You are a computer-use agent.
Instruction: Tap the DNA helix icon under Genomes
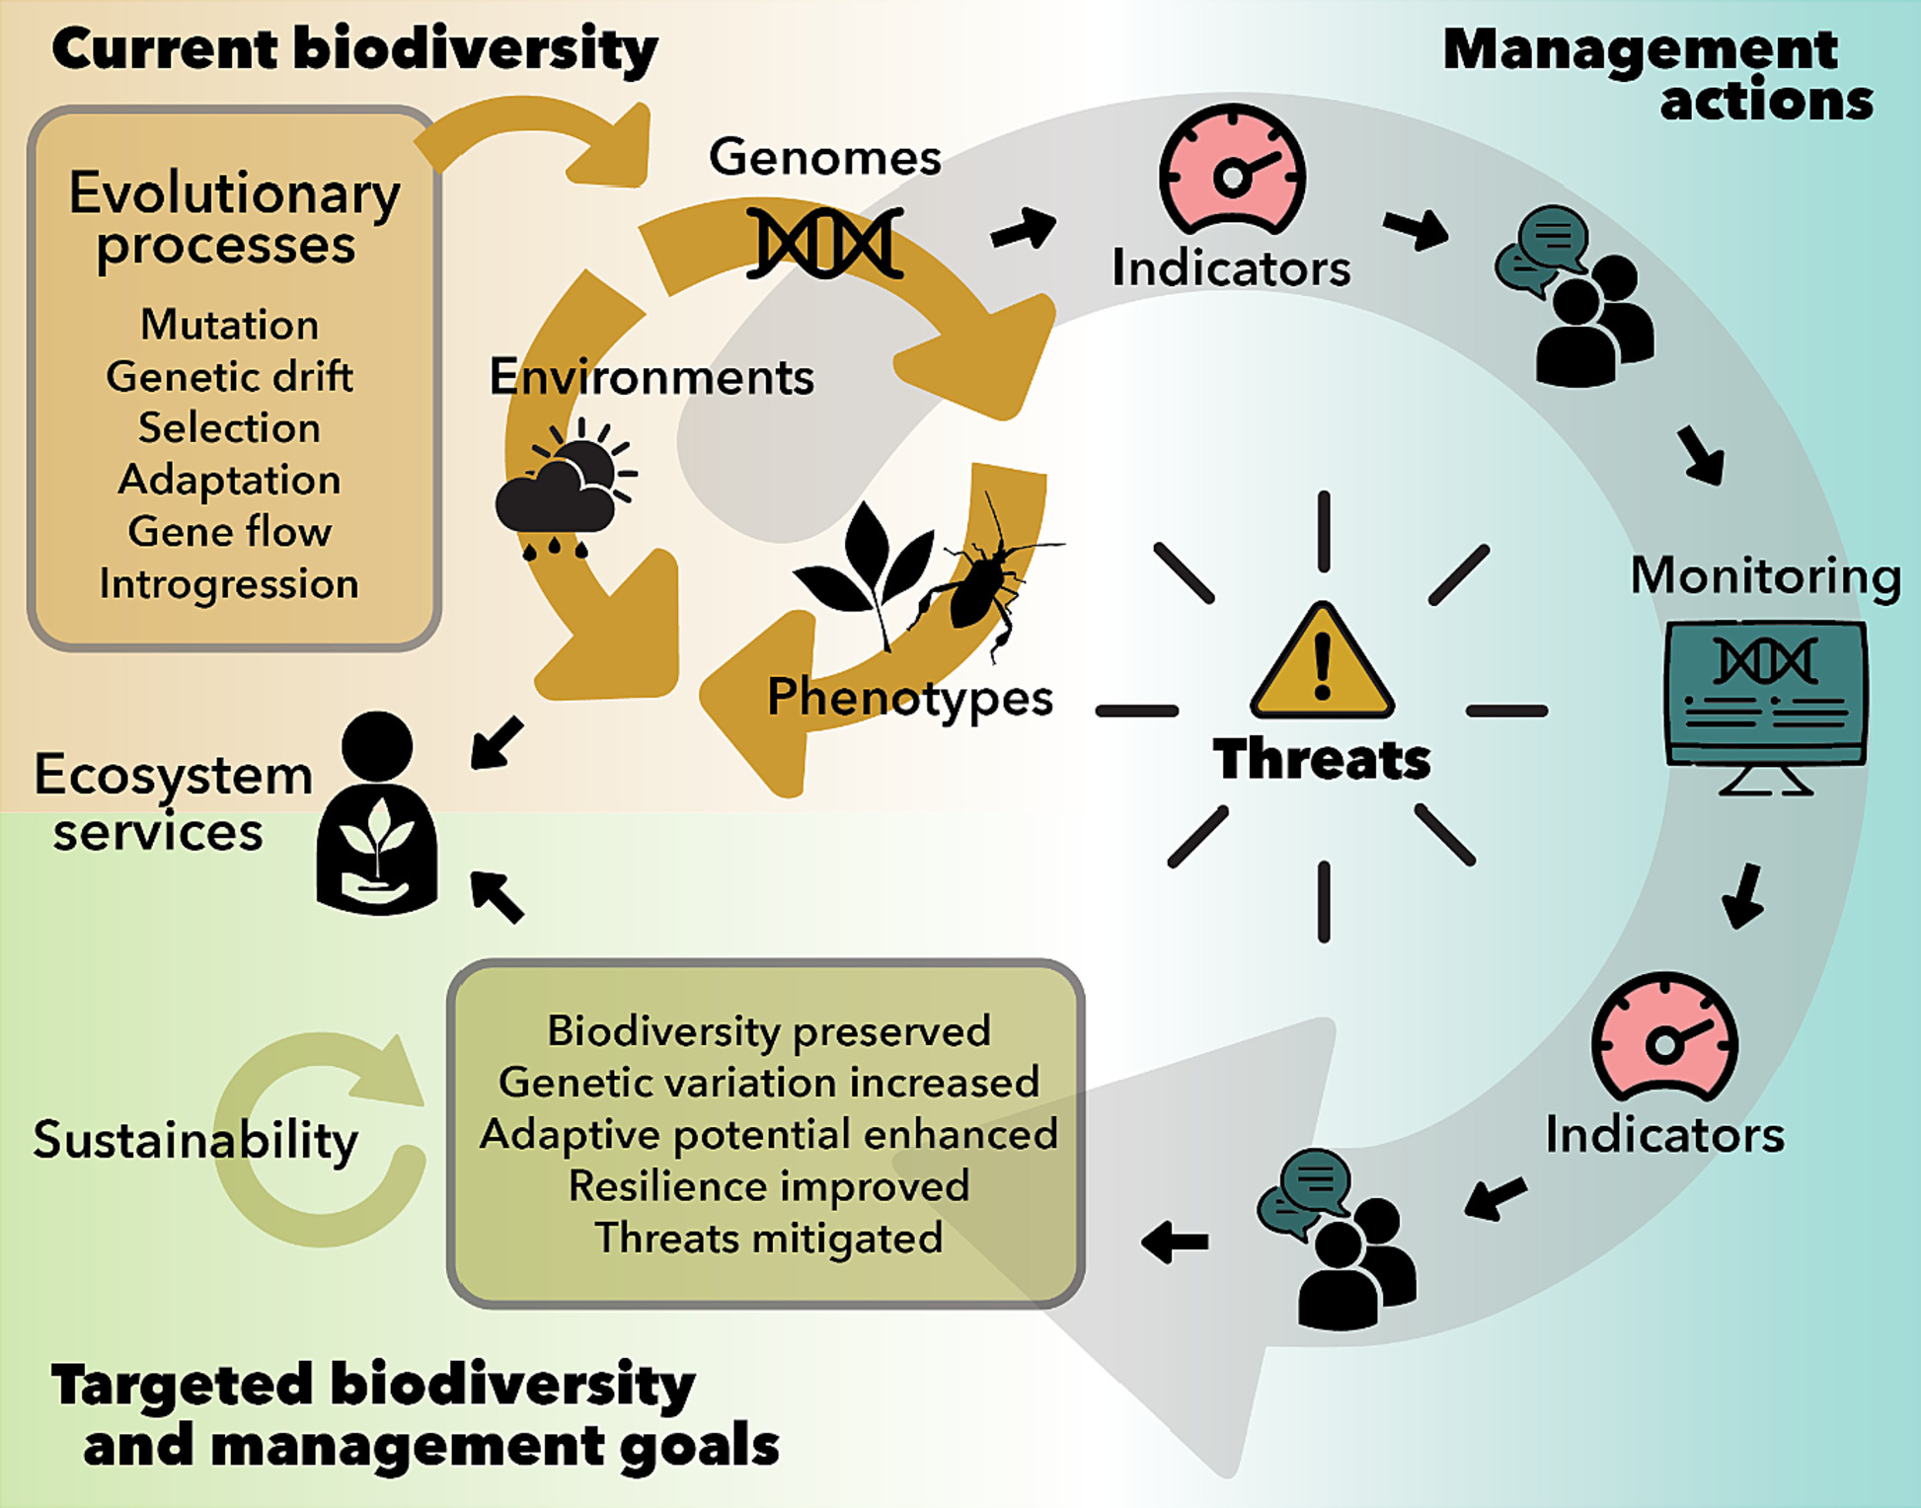tap(824, 243)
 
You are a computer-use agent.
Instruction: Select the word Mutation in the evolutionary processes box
tap(230, 324)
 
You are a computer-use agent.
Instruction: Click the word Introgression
tap(229, 584)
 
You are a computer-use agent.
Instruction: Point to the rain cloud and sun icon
tap(566, 490)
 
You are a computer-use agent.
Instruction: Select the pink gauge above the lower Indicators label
tap(1664, 1038)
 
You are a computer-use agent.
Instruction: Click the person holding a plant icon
tap(376, 813)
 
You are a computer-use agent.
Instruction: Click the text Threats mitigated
tap(769, 1238)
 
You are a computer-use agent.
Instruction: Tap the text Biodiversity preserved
tap(769, 1030)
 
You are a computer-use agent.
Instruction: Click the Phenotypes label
tap(910, 699)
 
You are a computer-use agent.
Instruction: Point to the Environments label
tap(652, 376)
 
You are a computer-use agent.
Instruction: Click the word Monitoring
tap(1766, 575)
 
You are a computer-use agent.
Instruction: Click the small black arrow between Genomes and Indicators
tap(1024, 229)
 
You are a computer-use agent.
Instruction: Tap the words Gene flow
tap(230, 531)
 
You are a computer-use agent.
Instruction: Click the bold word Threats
tap(1322, 759)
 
